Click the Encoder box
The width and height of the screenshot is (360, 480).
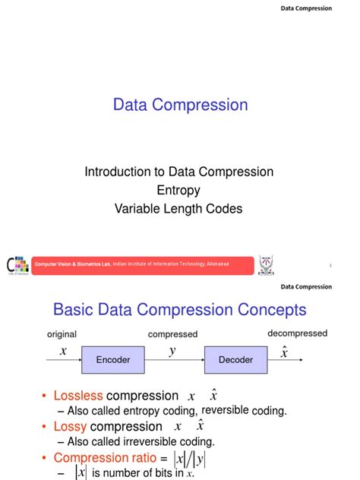(x=112, y=359)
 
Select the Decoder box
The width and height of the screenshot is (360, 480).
(x=235, y=359)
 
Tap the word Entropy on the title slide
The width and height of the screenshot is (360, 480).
(x=179, y=191)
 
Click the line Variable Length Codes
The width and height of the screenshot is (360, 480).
(x=179, y=209)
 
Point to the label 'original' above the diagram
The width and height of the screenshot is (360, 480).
(x=62, y=334)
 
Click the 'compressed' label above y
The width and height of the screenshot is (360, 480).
(x=172, y=334)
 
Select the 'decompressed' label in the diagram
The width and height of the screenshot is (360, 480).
(x=297, y=333)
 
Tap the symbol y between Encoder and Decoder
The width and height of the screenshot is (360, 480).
(x=173, y=351)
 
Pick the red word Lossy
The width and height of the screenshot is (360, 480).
(x=70, y=427)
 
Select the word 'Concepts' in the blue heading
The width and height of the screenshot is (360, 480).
(x=269, y=310)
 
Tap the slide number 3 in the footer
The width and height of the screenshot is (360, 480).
(x=331, y=265)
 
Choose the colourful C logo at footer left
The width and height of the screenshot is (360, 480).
(x=17, y=264)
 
